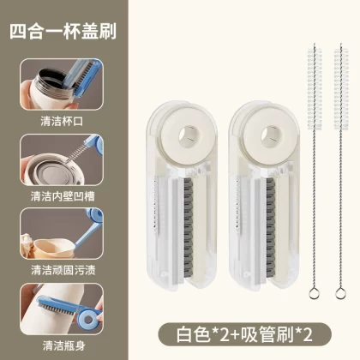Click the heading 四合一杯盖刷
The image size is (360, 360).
(63, 31)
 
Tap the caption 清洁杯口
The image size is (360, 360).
(62, 121)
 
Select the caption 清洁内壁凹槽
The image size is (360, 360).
(63, 196)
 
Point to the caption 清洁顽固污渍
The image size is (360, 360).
(63, 270)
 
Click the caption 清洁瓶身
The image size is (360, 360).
(64, 345)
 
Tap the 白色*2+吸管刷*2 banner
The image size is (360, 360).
(245, 335)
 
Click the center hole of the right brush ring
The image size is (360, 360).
(271, 135)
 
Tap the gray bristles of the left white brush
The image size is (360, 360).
(189, 228)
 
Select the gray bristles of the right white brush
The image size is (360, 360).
(271, 228)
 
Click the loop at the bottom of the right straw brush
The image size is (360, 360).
(340, 293)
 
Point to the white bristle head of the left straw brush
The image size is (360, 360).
(315, 89)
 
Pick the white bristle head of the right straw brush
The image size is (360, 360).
(341, 89)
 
